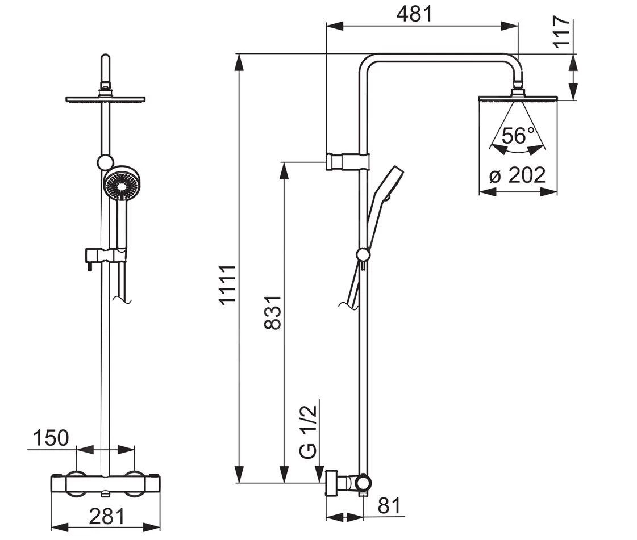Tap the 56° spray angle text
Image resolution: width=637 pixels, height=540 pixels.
click(518, 136)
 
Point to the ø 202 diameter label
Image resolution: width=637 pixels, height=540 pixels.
click(518, 176)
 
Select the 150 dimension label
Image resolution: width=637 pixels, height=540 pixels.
click(50, 438)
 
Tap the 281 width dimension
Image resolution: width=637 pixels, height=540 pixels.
click(106, 516)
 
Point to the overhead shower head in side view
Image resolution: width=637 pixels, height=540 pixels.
click(518, 98)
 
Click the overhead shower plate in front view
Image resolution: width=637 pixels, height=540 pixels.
click(106, 99)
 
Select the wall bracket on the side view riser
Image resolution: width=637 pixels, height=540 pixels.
click(347, 162)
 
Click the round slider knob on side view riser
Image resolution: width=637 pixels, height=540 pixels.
click(363, 255)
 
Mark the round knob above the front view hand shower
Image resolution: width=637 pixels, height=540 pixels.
click(105, 162)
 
